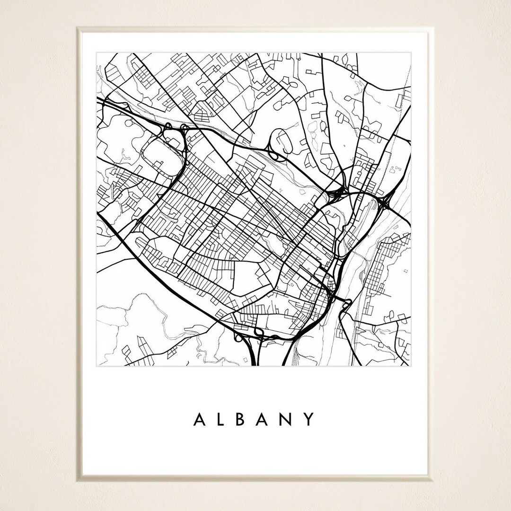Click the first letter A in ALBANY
(x=199, y=419)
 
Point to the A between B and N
(x=266, y=419)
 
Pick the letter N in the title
(x=289, y=419)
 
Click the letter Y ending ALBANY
(x=310, y=419)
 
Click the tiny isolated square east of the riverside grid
(x=405, y=271)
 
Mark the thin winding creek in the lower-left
(x=156, y=326)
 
